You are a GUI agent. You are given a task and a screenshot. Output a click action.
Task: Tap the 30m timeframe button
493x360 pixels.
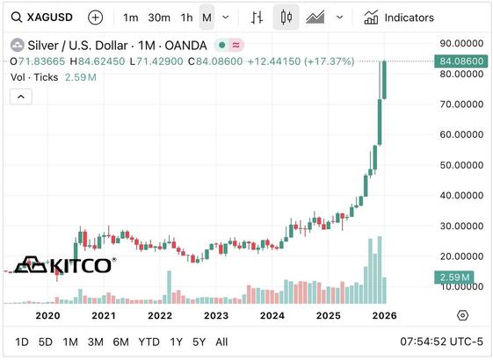(x=158, y=17)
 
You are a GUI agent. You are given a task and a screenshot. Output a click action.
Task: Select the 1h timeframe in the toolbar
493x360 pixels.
(x=186, y=17)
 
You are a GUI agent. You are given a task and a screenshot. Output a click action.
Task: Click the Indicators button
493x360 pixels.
(x=411, y=17)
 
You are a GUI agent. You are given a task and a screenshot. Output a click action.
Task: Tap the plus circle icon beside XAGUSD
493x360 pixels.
(x=96, y=17)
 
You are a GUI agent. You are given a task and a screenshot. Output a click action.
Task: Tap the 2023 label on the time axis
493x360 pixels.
(x=216, y=314)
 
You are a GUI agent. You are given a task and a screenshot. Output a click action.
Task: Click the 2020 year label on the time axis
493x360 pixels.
(x=47, y=314)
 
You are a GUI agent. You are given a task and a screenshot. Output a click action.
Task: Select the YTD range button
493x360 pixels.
(x=149, y=342)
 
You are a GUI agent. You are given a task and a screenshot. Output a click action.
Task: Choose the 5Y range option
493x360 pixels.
(x=199, y=342)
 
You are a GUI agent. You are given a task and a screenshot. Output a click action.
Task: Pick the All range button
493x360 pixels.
(x=221, y=342)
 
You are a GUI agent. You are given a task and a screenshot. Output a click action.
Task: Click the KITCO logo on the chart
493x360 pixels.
(x=67, y=264)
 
